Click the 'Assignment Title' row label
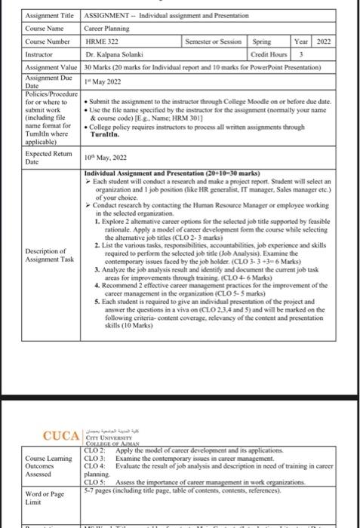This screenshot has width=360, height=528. point(50,16)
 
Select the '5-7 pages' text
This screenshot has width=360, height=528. point(98,488)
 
